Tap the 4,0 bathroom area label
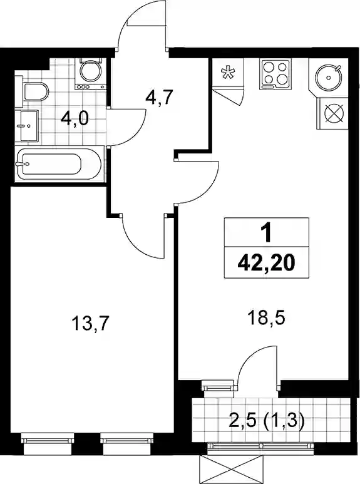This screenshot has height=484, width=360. [75, 119]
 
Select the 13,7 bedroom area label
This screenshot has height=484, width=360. [90, 324]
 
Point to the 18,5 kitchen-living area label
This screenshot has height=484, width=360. [266, 318]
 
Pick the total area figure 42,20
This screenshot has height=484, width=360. [266, 264]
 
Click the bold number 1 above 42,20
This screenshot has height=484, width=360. [266, 233]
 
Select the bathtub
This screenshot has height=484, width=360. [59, 164]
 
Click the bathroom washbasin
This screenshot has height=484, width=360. [28, 126]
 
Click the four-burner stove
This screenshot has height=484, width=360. [275, 75]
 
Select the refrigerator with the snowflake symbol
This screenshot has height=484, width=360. [229, 73]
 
